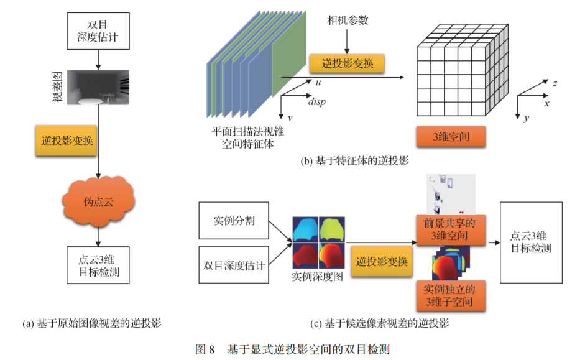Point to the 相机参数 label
pos(348,21)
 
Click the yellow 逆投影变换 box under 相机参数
pos(346,63)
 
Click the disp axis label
pos(316,101)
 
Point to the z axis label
pos(545,82)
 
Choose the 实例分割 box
pos(234,221)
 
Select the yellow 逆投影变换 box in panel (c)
pos(382,261)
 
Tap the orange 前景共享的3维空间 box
pos(449,228)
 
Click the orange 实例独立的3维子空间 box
pos(449,295)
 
